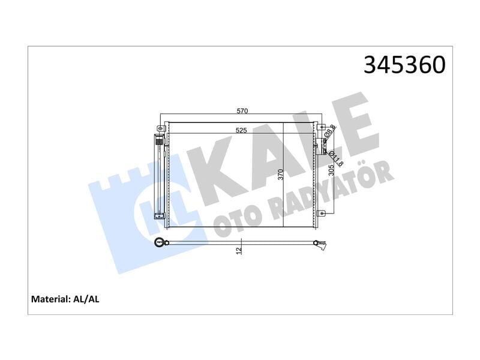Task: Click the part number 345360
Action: pyautogui.click(x=404, y=65)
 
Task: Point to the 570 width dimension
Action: pyautogui.click(x=242, y=111)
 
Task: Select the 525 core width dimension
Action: pyautogui.click(x=242, y=130)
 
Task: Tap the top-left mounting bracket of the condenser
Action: pyautogui.click(x=158, y=128)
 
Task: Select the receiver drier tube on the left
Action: pyautogui.click(x=160, y=177)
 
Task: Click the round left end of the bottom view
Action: pyautogui.click(x=160, y=242)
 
